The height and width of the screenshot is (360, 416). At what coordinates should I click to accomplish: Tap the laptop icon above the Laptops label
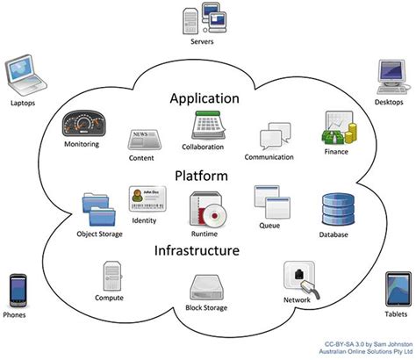22,76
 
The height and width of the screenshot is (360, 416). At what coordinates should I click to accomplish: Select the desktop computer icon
391,76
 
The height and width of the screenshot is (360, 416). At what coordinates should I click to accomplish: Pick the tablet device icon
396,290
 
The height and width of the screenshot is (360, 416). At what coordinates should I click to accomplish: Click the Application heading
204,98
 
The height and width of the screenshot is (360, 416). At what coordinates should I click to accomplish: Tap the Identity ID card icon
143,198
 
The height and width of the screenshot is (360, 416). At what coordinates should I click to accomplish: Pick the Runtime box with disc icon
204,208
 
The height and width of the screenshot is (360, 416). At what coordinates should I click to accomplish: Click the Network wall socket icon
299,278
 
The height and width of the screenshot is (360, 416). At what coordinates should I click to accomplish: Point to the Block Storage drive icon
206,287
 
